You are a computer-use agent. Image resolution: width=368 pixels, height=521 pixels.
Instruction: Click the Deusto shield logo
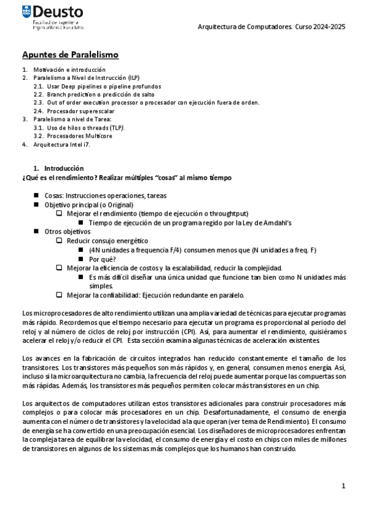26,11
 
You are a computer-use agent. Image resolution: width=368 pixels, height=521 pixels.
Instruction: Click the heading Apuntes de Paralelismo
71,55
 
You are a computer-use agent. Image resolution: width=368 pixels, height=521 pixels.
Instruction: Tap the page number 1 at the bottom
343,486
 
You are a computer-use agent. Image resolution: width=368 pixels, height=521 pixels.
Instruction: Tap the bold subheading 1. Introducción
61,168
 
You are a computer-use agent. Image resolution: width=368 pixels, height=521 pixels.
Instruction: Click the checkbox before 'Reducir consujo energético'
59,241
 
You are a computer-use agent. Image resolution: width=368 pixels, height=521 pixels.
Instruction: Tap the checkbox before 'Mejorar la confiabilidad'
59,295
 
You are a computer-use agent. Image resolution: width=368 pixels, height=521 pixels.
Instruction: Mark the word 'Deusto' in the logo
59,12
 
